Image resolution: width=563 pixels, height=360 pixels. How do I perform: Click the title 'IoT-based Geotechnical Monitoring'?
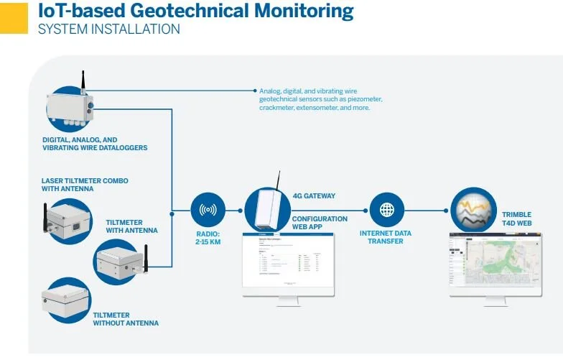[195, 11]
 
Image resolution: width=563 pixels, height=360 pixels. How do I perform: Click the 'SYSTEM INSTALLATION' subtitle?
[108, 29]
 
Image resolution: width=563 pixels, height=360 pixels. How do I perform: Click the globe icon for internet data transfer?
[387, 211]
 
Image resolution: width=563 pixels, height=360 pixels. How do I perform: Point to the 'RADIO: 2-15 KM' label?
[208, 237]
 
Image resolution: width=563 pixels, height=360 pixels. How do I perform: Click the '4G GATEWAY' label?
[314, 195]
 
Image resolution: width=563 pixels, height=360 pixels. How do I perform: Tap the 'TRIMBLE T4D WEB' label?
[516, 218]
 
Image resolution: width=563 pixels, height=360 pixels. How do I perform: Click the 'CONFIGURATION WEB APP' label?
[320, 223]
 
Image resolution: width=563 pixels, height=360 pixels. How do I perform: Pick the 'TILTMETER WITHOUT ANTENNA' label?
[125, 319]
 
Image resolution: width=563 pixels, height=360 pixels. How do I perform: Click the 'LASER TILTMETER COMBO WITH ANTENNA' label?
[85, 185]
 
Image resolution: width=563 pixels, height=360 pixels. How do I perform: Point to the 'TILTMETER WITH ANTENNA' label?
[131, 226]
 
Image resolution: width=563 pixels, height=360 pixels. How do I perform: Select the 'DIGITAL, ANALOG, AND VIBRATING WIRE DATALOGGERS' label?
[94, 144]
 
